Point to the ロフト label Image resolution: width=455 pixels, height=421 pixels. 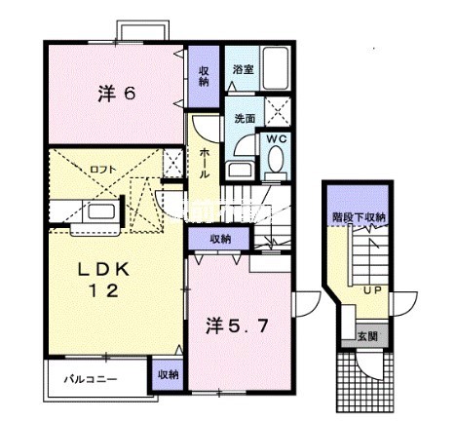coord(101,169)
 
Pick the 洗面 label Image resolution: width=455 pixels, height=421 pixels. coord(244,119)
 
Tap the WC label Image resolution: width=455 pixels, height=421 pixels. coord(276,139)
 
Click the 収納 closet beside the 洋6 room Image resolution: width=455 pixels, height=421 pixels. coord(205,76)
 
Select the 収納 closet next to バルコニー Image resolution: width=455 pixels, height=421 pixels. coord(167,374)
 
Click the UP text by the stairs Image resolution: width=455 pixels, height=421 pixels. coord(373,288)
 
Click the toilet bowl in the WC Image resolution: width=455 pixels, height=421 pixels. coord(276,164)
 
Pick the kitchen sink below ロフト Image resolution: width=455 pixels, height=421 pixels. coord(99,210)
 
